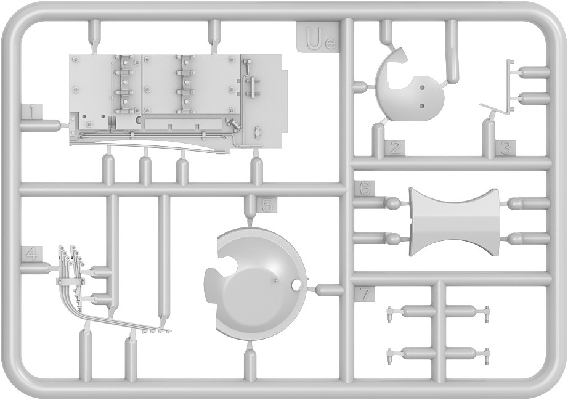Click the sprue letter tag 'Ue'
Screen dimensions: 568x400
pos(318,36)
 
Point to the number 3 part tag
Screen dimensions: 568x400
pos(506,148)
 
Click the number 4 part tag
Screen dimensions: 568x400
pos(32,254)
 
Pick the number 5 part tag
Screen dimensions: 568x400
pos(267,205)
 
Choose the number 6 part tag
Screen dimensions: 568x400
pos(365,188)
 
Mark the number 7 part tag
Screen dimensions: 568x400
pos(365,294)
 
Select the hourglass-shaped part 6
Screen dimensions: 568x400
pos(455,222)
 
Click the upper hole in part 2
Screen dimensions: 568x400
pos(422,88)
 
